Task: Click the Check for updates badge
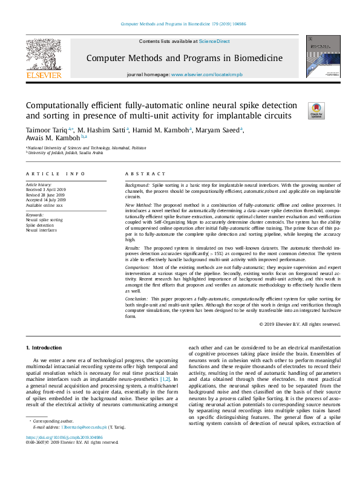(x=316, y=110)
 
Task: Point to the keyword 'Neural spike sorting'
(x=44, y=220)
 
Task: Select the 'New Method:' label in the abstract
(x=139, y=206)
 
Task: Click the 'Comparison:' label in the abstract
(x=139, y=267)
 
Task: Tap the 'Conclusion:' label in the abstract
(x=139, y=299)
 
